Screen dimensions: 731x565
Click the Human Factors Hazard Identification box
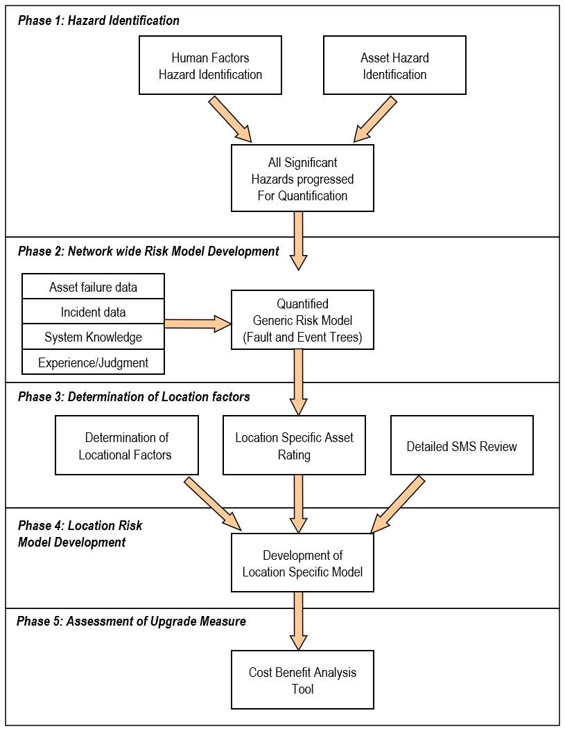pos(210,65)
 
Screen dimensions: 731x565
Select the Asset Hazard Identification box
pos(394,65)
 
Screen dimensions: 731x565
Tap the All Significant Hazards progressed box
pos(302,178)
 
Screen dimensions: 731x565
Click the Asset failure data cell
pos(94,286)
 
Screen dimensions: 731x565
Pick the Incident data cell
pos(94,312)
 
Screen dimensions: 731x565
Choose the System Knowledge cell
pos(94,337)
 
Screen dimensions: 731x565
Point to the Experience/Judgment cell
pos(94,362)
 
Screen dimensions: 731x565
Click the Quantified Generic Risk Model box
pos(302,319)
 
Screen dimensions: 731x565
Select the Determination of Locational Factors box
pos(126,446)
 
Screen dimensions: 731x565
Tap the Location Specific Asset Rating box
pos(294,446)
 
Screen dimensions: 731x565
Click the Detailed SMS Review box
pos(462,446)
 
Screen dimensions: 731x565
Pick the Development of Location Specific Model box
pos(302,563)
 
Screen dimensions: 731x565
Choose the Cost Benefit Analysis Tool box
pos(302,680)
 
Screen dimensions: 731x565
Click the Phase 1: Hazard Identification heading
pos(98,20)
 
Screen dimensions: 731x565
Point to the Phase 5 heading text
pos(131,621)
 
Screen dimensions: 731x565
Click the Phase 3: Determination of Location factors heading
pos(134,397)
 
